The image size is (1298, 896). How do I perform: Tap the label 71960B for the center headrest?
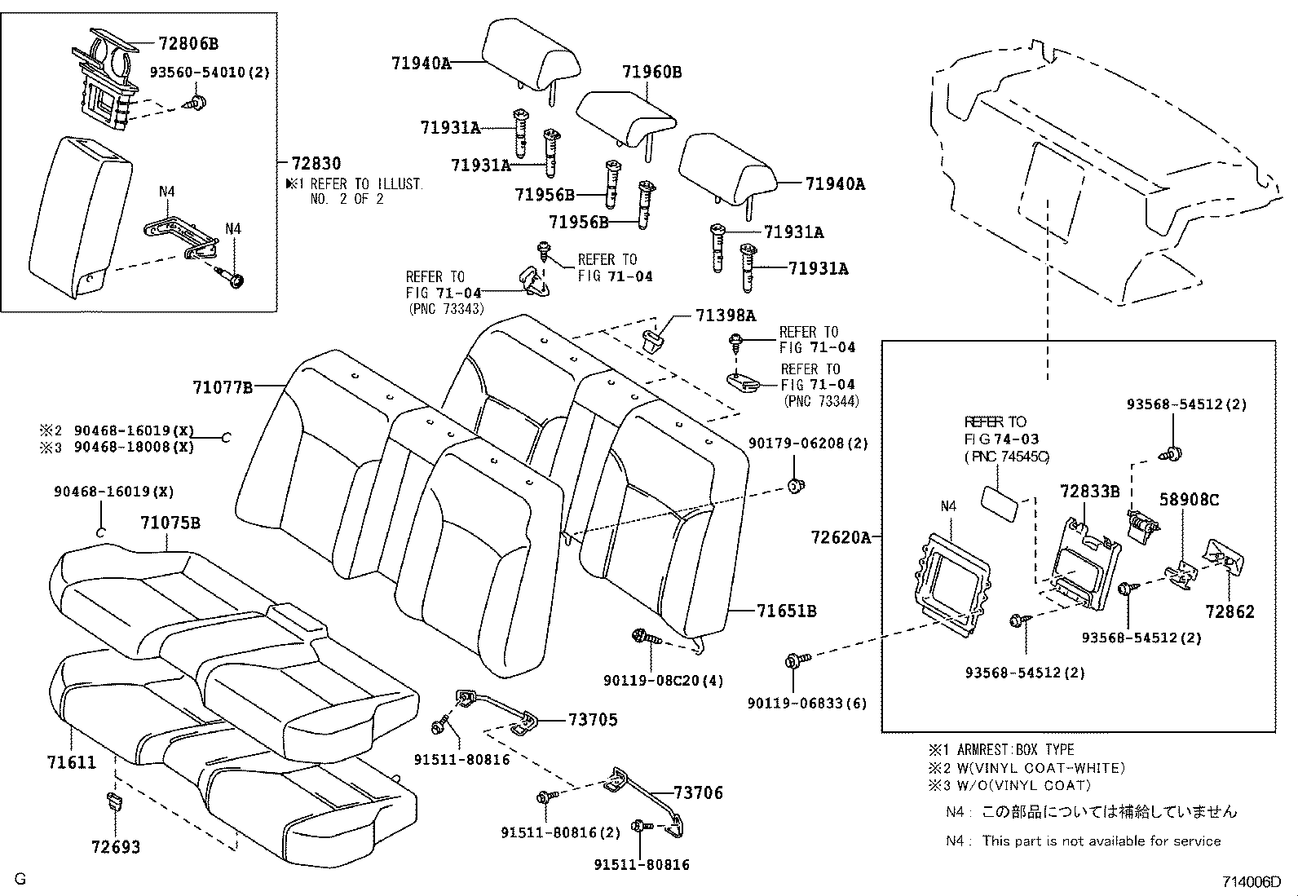pyautogui.click(x=651, y=72)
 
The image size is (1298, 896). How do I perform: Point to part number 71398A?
pyautogui.click(x=726, y=316)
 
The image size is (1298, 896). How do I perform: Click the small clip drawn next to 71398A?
pyautogui.click(x=654, y=336)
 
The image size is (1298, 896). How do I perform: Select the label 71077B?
pyautogui.click(x=223, y=387)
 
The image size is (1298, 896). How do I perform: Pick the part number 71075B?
pyautogui.click(x=170, y=523)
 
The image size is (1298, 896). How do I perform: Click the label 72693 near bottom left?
pyautogui.click(x=116, y=847)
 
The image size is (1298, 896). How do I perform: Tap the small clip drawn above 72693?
pyautogui.click(x=115, y=800)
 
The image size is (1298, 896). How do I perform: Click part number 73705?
pyautogui.click(x=593, y=720)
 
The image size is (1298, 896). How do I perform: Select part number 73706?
pyautogui.click(x=698, y=793)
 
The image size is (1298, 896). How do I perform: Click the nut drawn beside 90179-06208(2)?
pyautogui.click(x=796, y=486)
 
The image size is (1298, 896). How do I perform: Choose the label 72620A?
pyautogui.click(x=841, y=537)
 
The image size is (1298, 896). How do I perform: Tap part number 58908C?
pyautogui.click(x=1189, y=500)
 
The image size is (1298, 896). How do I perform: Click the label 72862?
pyautogui.click(x=1230, y=611)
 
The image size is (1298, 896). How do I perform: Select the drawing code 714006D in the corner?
pyautogui.click(x=1250, y=882)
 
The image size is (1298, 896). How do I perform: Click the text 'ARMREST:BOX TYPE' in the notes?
pyautogui.click(x=1016, y=749)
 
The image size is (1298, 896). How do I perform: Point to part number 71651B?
pyautogui.click(x=786, y=611)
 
